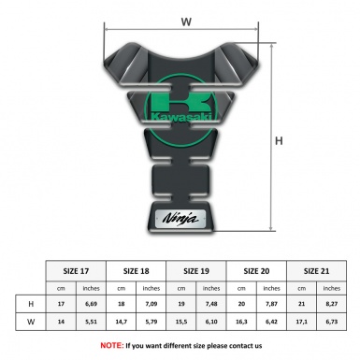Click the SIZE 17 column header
tap(77, 269)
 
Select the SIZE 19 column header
tap(198, 269)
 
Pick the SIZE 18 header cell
tap(137, 269)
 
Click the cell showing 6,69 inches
tap(92, 305)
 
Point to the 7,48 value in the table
tap(213, 305)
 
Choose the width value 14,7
tap(122, 323)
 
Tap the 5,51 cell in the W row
tap(92, 323)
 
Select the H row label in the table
tap(32, 305)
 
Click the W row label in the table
tap(32, 323)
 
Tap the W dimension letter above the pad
tap(186, 21)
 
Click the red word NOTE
tap(111, 345)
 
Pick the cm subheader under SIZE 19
tap(183, 288)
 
